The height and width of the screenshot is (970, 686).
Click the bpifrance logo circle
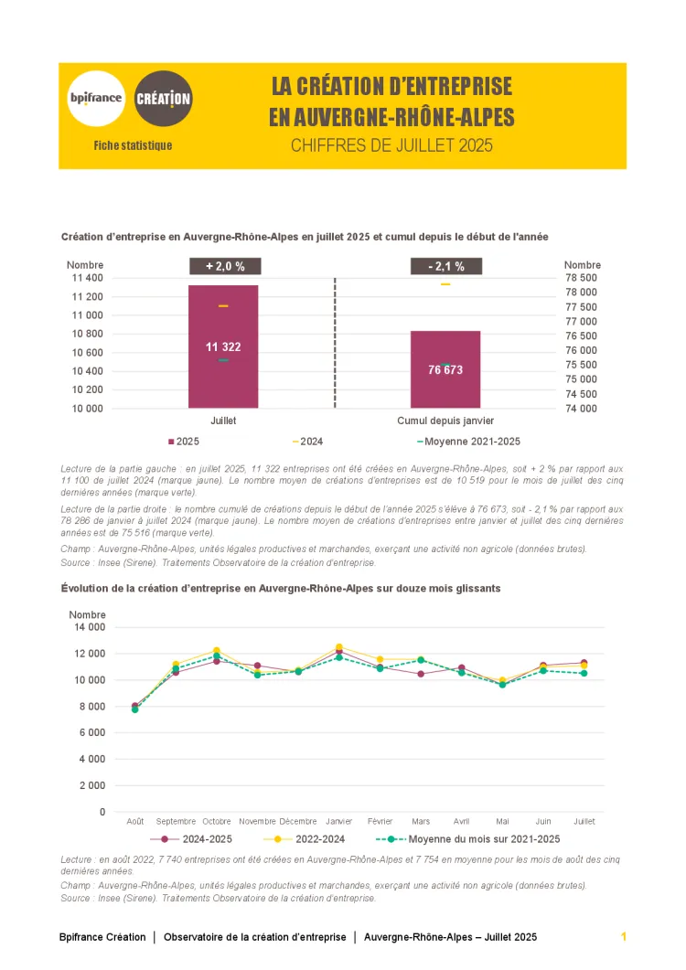pos(96,97)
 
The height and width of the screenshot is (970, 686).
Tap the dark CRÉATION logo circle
pos(164,97)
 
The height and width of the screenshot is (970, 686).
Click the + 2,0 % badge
pos(225,266)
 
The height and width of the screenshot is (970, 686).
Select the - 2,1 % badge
pos(445,266)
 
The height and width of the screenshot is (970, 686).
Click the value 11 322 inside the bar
pos(223,346)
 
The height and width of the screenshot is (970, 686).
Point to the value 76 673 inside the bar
pos(445,369)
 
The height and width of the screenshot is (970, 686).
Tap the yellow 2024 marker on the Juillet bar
pos(223,305)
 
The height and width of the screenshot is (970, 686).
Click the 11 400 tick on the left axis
pos(87,278)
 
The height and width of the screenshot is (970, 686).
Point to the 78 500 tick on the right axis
pos(581,278)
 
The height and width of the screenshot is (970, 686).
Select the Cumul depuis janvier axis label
pos(445,421)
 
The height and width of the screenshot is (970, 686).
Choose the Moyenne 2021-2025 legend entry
pos(468,442)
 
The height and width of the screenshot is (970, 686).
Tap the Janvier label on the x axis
pos(338,821)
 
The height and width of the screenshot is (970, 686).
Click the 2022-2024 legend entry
pos(305,838)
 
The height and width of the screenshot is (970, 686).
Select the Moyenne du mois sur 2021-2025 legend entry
pos(468,838)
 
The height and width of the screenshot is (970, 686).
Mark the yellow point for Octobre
pos(217,651)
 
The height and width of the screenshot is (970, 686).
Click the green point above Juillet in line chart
pos(584,673)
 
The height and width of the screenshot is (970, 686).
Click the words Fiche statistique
pos(133,145)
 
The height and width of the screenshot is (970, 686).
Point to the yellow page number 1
pos(623,937)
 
